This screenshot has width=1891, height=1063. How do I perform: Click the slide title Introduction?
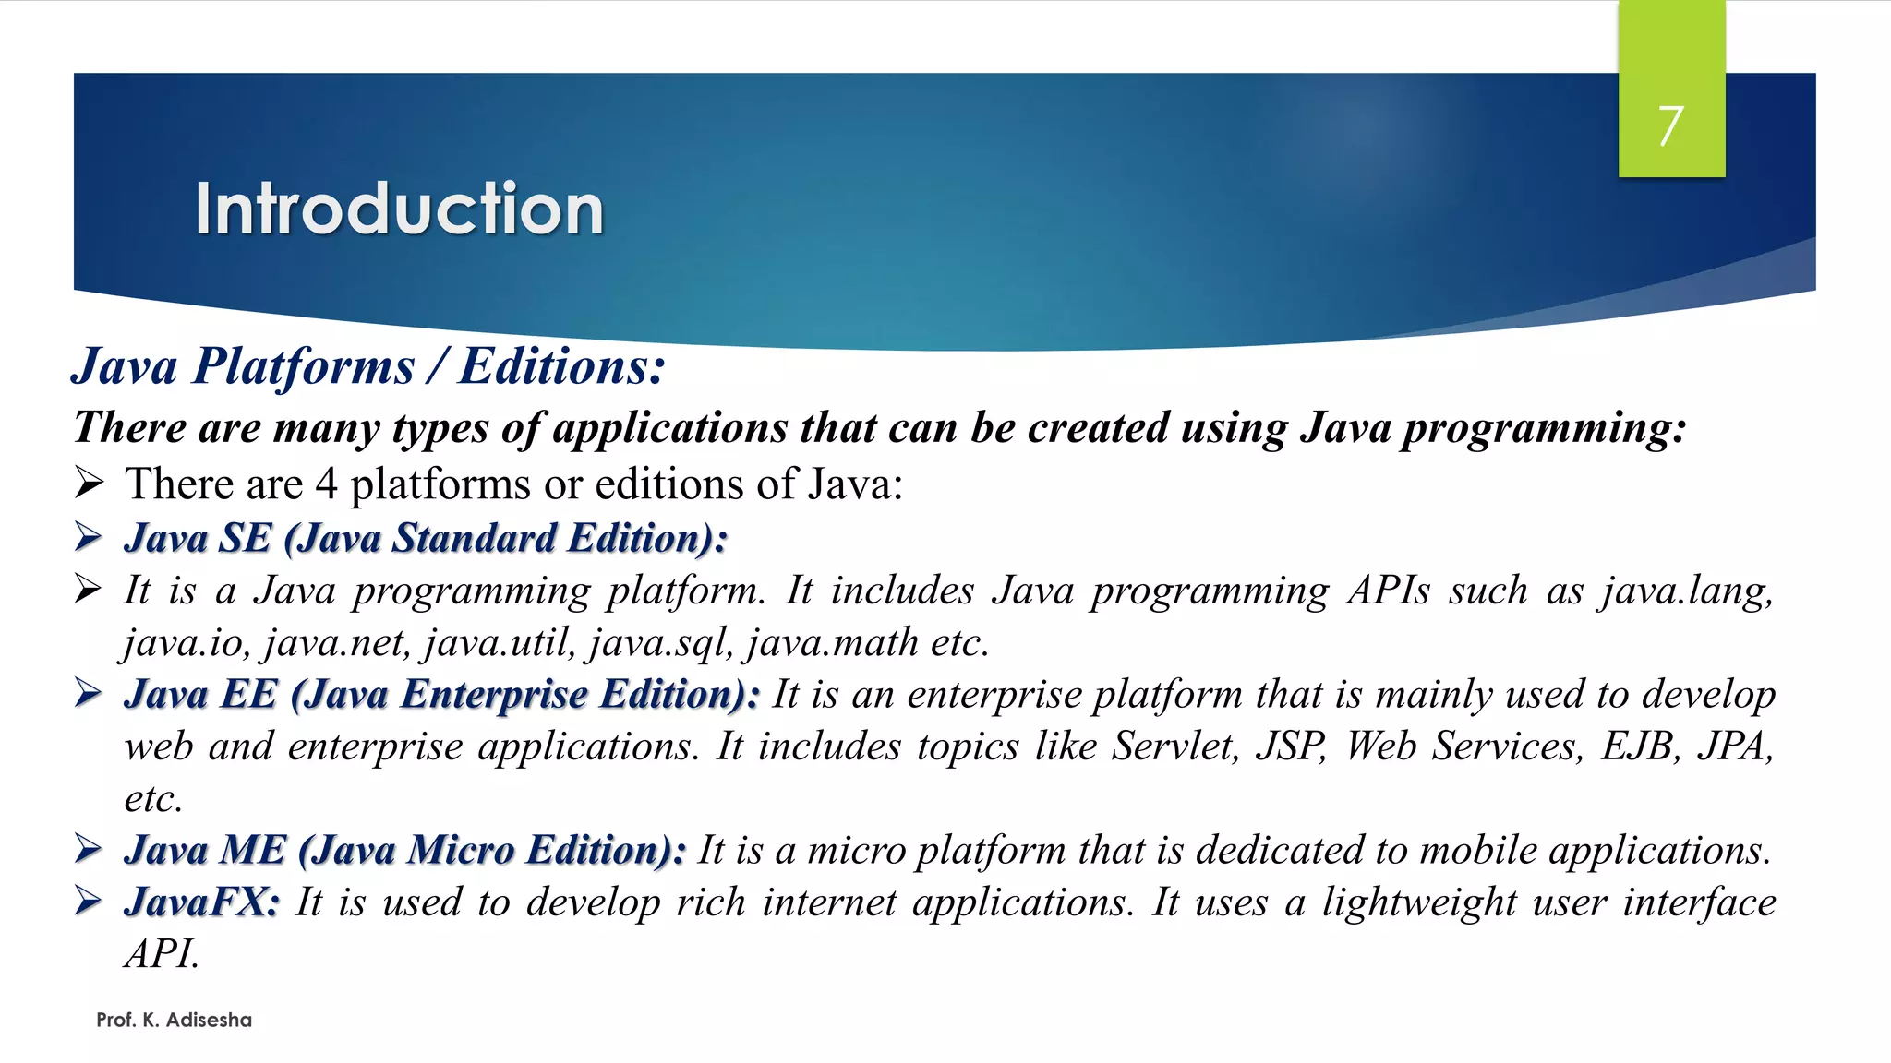(x=399, y=209)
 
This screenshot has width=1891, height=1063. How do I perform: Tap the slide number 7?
(x=1670, y=125)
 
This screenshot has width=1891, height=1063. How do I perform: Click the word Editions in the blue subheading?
(x=561, y=366)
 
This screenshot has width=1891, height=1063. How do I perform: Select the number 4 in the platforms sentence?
(x=326, y=484)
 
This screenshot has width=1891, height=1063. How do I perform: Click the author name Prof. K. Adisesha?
(x=174, y=1020)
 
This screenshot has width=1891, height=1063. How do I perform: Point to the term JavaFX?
(x=201, y=902)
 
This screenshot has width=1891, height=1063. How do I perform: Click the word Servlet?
(x=1174, y=746)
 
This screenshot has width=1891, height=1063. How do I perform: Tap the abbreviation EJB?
(x=1641, y=746)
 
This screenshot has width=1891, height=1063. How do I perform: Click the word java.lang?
(x=1687, y=591)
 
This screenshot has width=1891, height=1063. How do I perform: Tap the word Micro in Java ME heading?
(x=460, y=850)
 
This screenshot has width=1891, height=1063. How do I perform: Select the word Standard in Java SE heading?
(x=474, y=538)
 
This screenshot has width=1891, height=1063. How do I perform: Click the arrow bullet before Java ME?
(x=89, y=848)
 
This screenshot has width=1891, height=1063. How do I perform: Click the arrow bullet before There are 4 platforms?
(x=89, y=483)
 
